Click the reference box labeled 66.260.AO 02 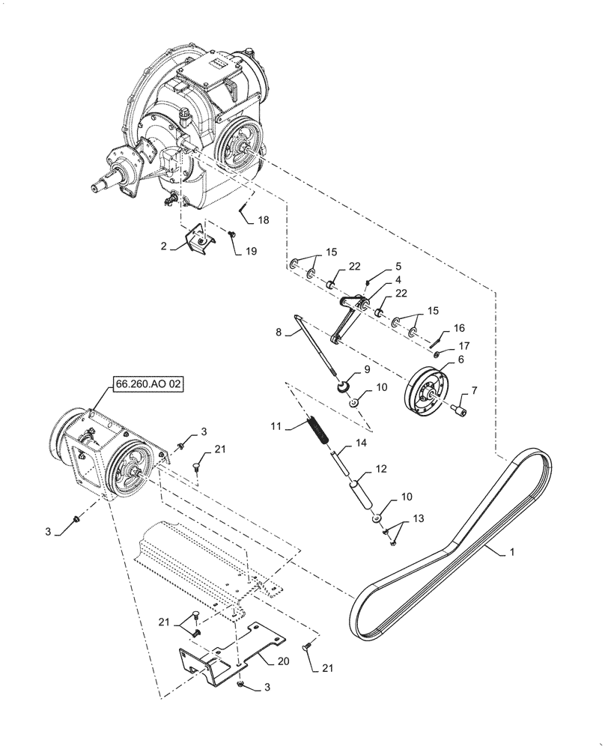148,384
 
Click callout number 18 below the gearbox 264,220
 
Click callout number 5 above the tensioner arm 398,266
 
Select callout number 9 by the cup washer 367,369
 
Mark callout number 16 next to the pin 459,328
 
